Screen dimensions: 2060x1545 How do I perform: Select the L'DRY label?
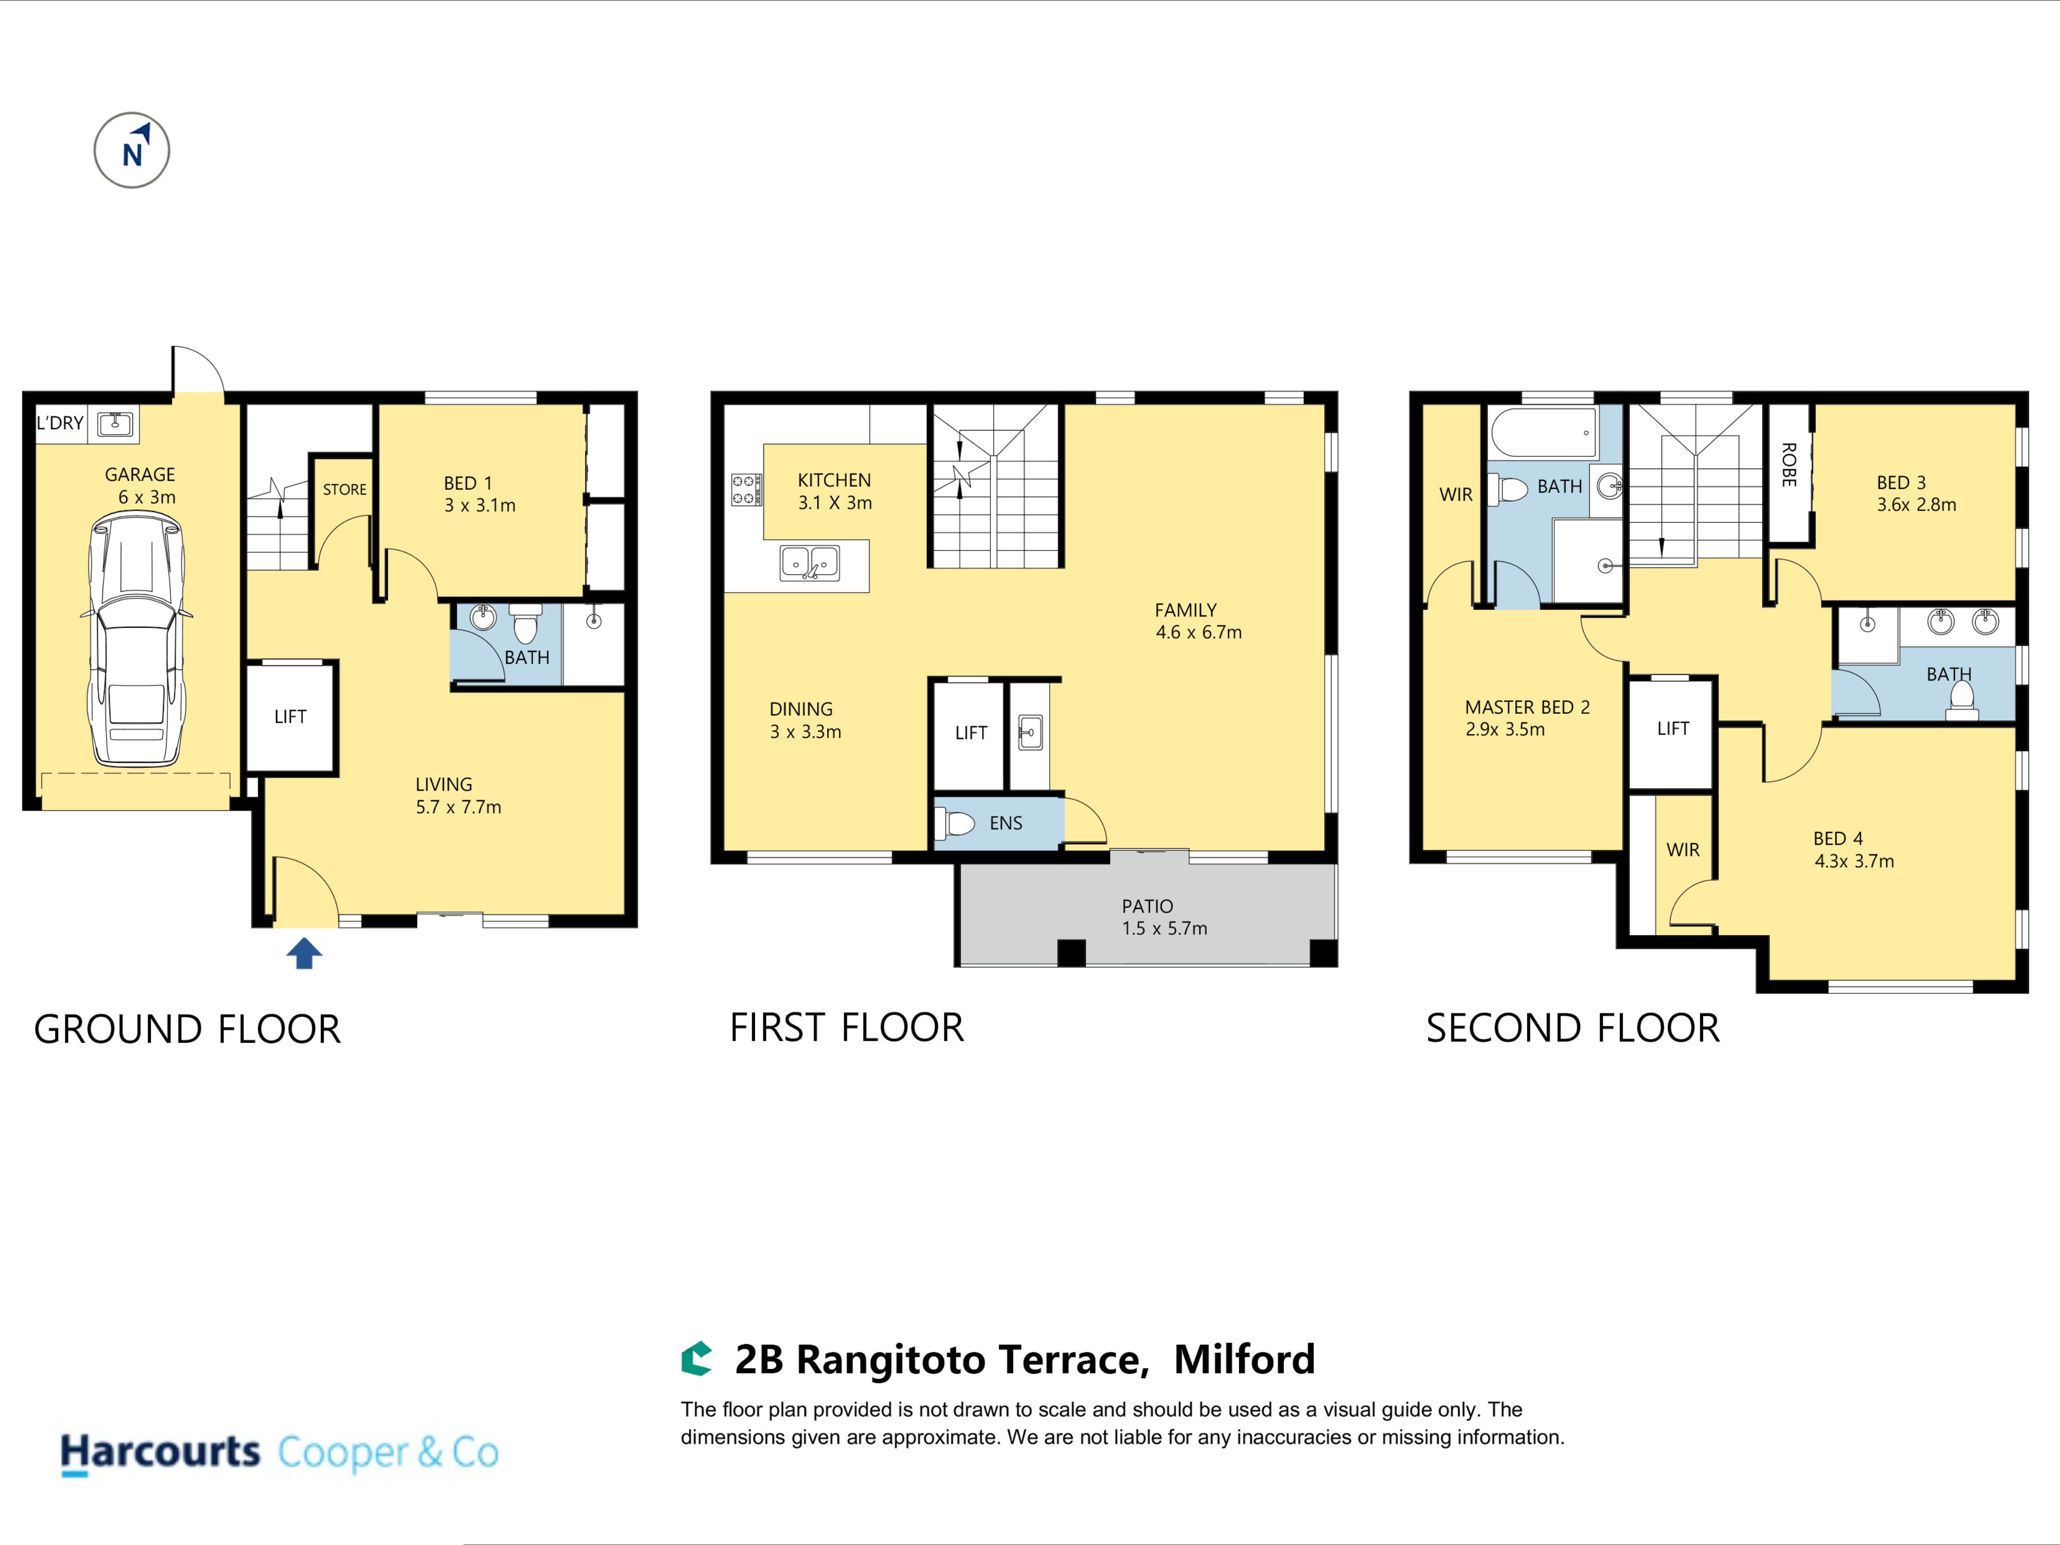coord(60,423)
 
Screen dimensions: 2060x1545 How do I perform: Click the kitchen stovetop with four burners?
coord(746,490)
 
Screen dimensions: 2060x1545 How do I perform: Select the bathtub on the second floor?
coord(1544,432)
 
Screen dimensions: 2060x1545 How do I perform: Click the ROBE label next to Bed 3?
coord(1788,465)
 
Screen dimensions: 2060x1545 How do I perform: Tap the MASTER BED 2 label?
coord(1527,708)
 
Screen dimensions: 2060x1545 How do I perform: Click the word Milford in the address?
coord(1244,1360)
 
